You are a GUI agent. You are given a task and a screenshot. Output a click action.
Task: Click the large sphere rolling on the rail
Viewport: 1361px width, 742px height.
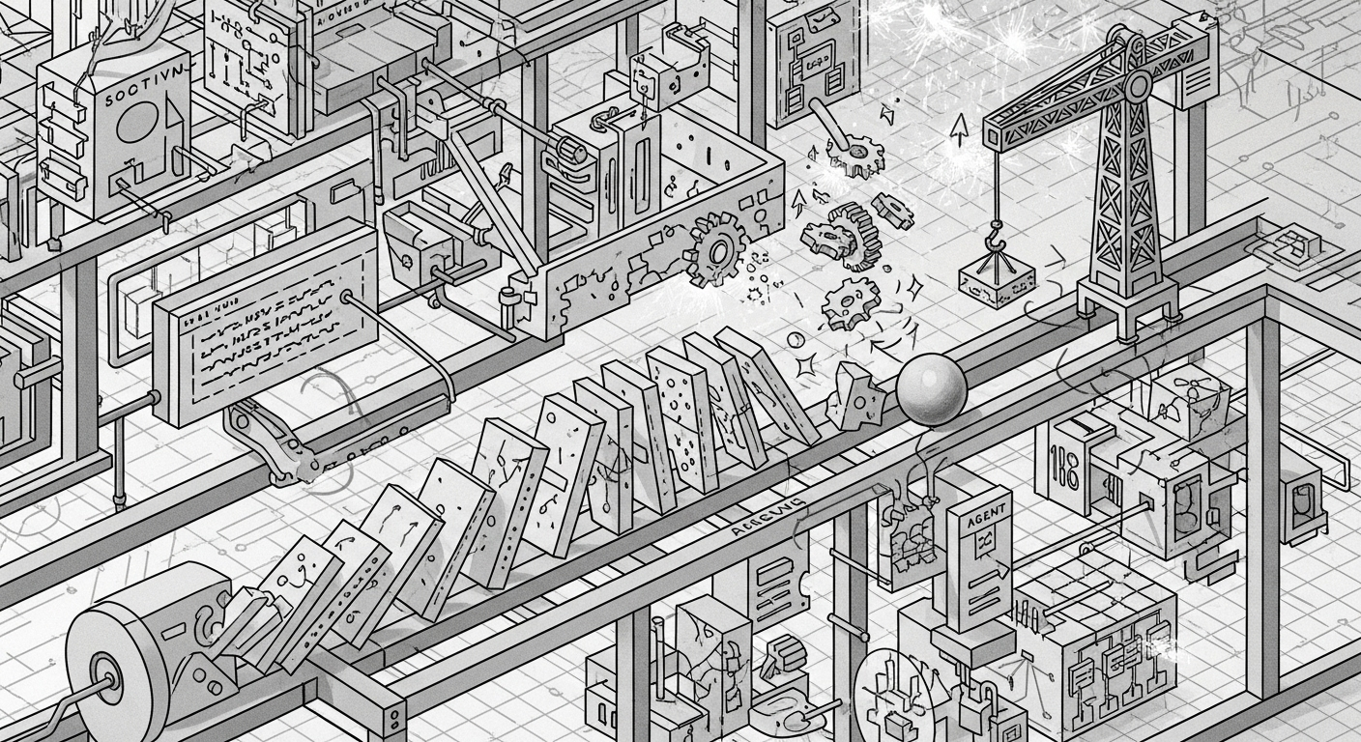[x=931, y=389]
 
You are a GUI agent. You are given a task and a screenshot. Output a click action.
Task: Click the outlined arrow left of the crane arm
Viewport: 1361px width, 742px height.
[x=958, y=128]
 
